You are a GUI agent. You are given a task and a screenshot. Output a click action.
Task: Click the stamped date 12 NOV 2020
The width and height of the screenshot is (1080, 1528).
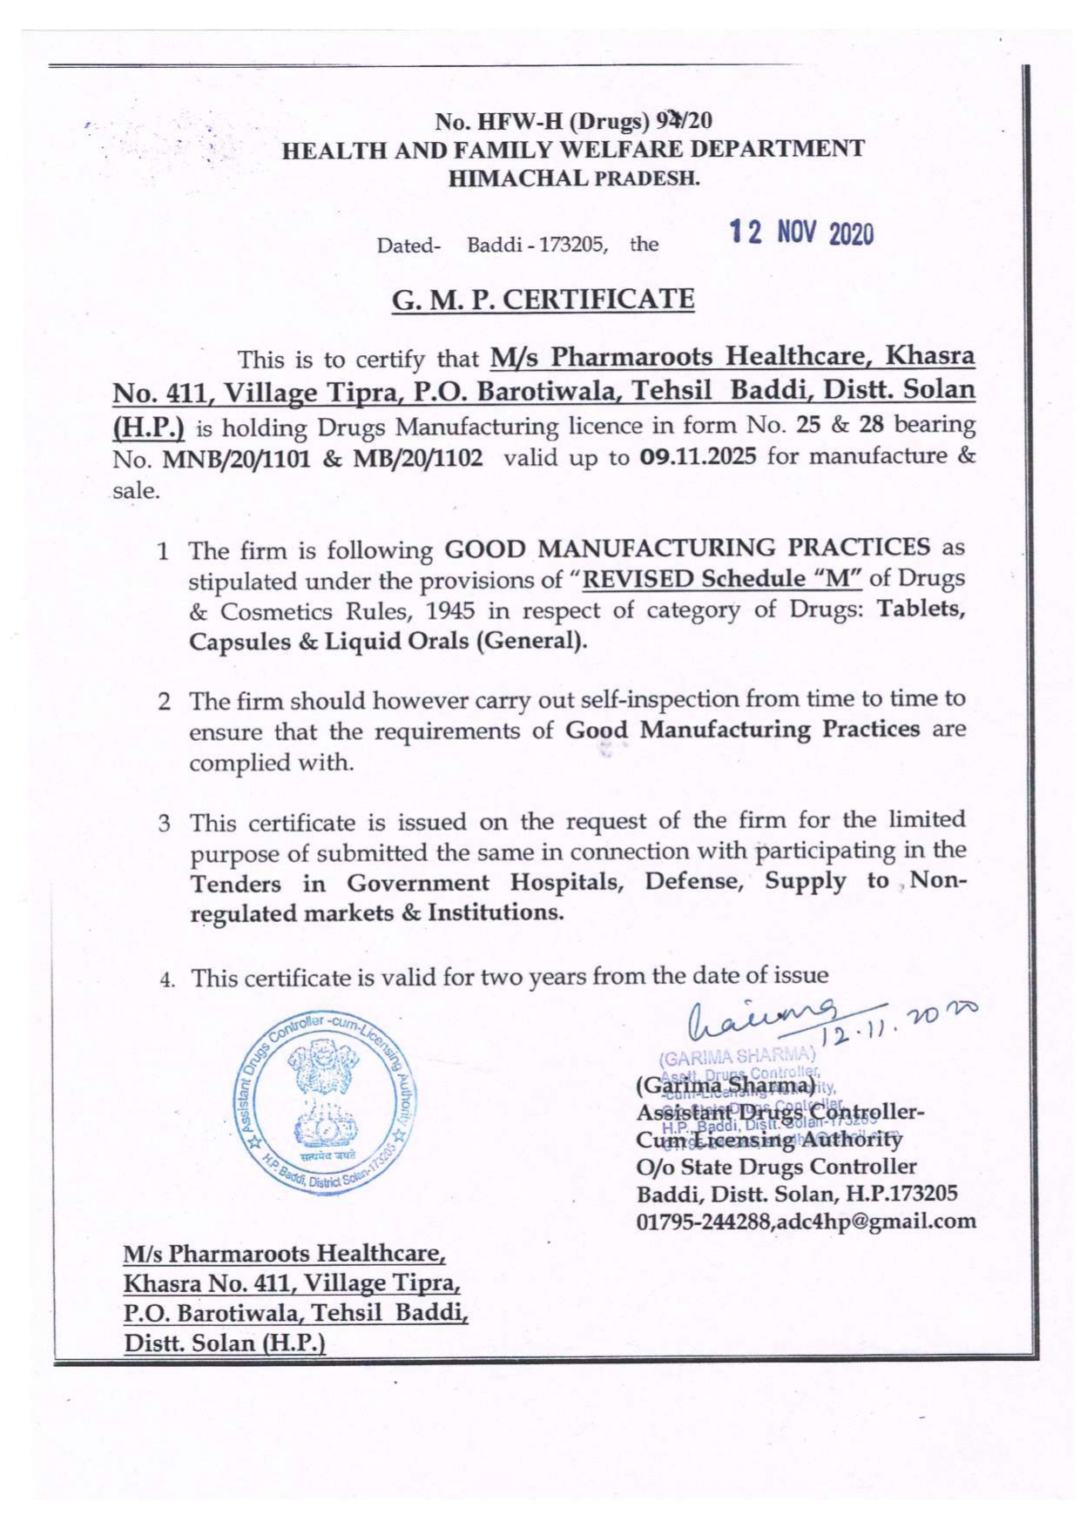click(801, 233)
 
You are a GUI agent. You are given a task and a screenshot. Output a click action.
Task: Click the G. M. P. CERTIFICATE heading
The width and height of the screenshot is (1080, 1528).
click(543, 300)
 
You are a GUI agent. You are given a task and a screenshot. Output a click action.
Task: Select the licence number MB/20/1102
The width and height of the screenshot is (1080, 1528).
click(417, 458)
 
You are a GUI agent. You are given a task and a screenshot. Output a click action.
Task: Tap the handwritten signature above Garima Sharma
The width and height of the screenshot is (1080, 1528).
click(766, 1018)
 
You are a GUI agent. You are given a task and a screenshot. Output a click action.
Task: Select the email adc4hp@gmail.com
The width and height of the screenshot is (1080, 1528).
click(876, 1221)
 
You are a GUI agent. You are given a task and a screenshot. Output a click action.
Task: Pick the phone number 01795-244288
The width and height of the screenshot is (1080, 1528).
click(704, 1222)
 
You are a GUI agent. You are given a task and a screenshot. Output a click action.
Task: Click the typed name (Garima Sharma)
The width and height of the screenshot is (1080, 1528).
click(726, 1087)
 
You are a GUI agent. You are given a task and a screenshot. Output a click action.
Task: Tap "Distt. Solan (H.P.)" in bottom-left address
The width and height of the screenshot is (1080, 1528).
click(225, 1343)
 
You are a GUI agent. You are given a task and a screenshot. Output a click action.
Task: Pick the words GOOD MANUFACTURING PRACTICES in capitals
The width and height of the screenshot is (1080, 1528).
click(687, 549)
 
